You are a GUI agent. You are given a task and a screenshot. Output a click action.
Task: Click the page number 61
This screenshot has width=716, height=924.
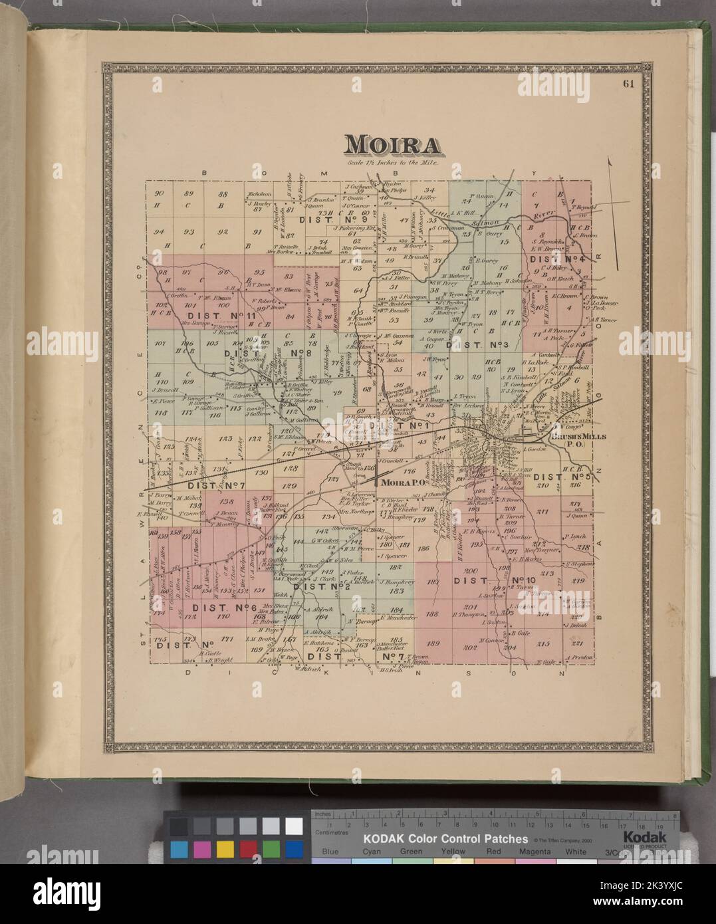click(628, 84)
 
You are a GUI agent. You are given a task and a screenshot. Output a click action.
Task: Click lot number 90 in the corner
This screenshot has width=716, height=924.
click(158, 193)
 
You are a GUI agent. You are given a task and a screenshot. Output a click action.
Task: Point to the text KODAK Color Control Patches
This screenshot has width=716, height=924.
click(444, 839)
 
